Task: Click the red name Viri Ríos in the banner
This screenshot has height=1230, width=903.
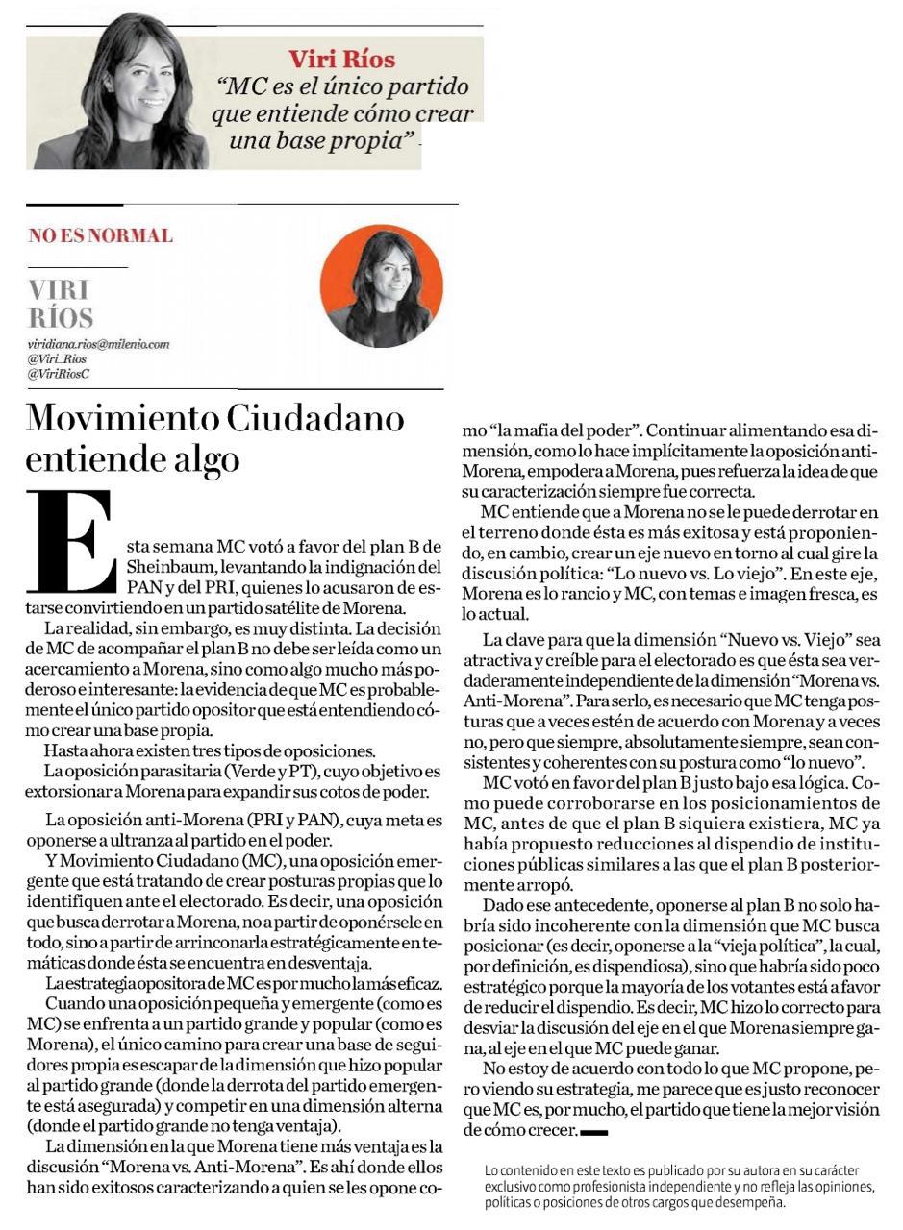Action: coord(342,60)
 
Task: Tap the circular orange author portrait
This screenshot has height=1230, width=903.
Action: coord(381,286)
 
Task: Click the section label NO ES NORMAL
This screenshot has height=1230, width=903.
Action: coord(100,235)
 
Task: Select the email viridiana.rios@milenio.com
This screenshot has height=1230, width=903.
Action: coord(98,344)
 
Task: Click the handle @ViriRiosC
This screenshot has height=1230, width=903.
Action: coord(59,373)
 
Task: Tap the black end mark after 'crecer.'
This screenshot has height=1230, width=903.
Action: coord(594,1132)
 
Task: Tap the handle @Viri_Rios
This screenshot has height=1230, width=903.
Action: coord(57,358)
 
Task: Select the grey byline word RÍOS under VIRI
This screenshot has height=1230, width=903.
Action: coord(60,318)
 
